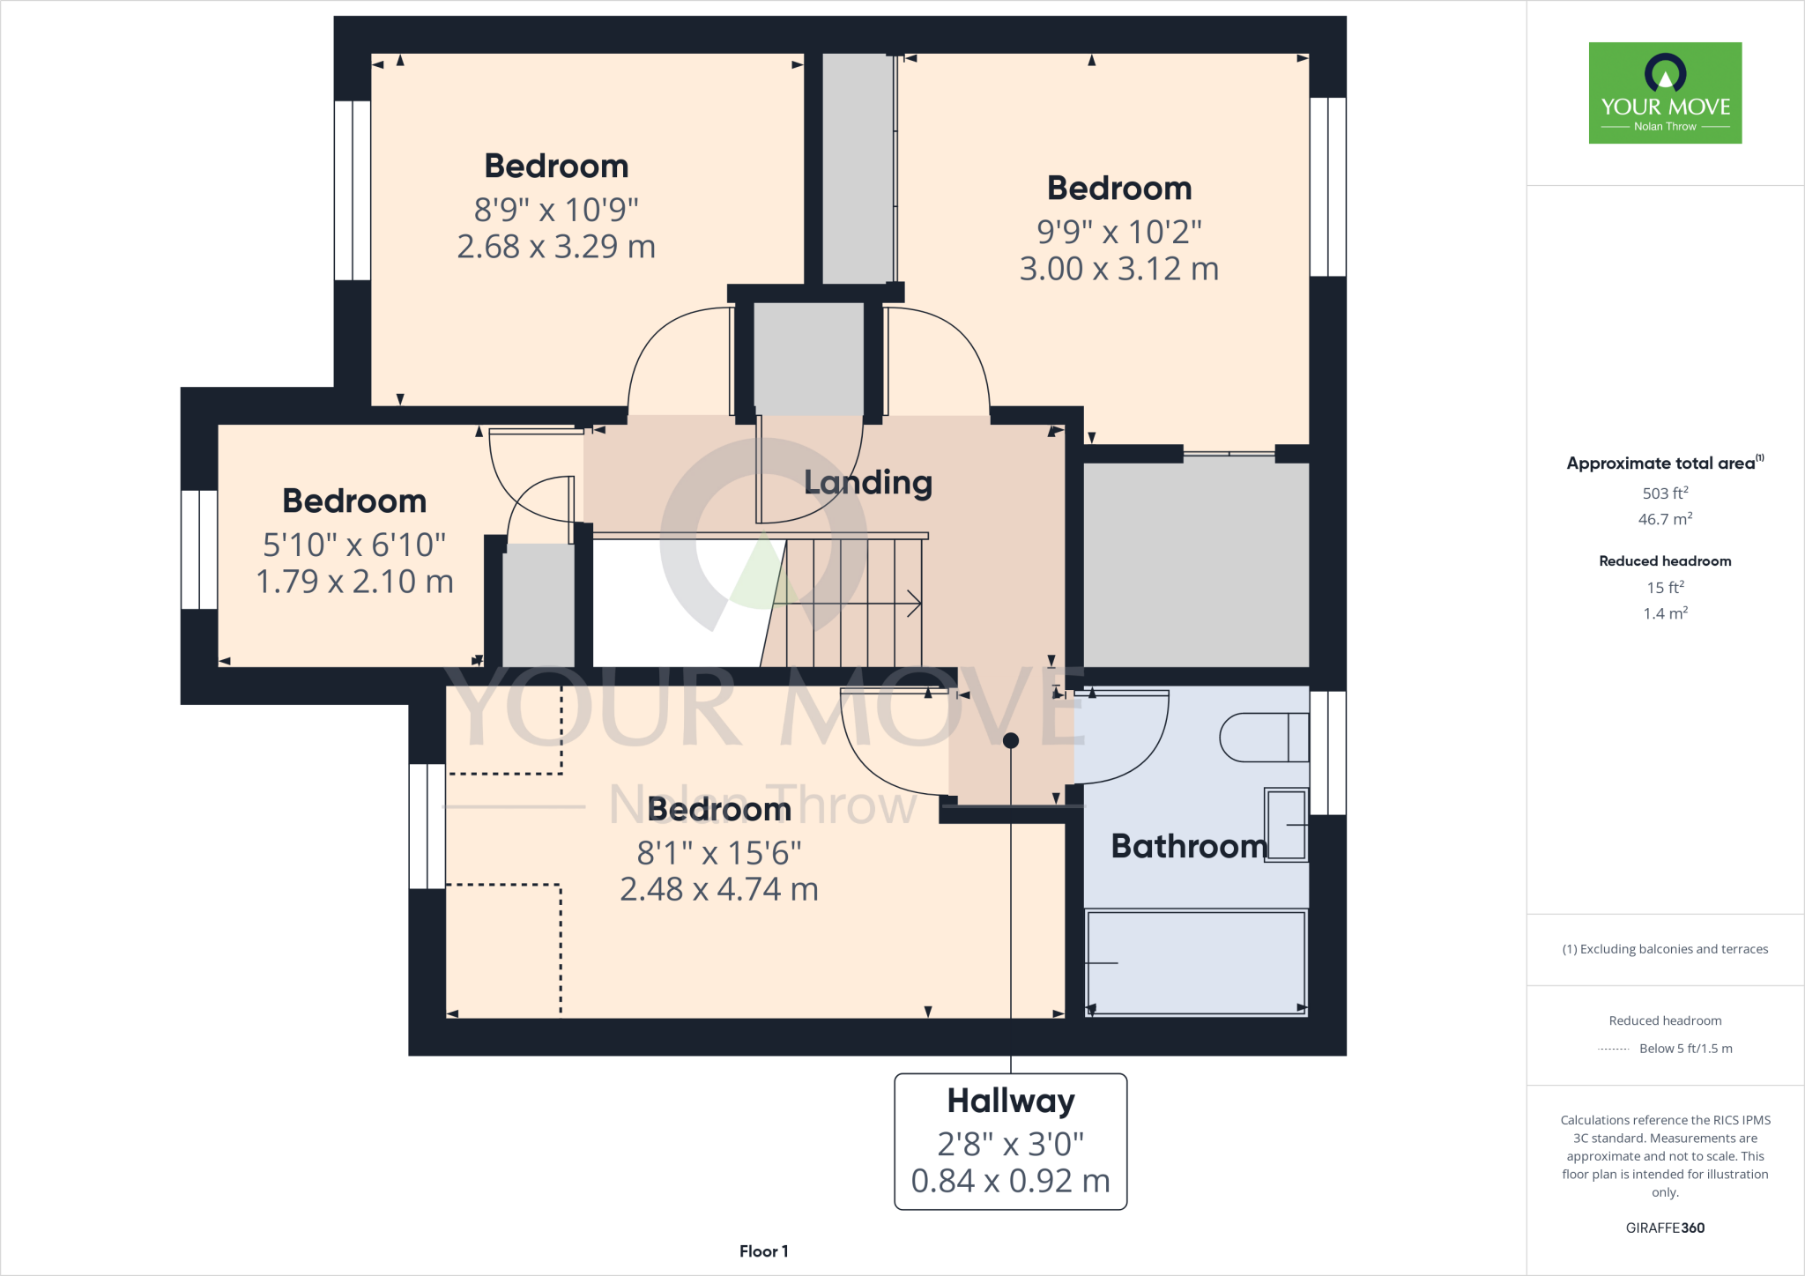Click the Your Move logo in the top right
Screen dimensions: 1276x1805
tap(1665, 93)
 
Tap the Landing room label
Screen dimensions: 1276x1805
tap(868, 482)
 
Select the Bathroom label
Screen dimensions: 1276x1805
tap(1189, 846)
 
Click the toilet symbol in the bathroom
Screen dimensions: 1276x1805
tap(1264, 737)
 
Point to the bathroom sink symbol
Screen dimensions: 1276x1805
tap(1286, 825)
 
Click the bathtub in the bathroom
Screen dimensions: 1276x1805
tap(1196, 963)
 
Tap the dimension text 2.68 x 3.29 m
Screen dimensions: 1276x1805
tap(556, 247)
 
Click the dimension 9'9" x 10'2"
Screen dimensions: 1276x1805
tap(1118, 232)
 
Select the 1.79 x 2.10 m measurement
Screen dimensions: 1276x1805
tap(354, 582)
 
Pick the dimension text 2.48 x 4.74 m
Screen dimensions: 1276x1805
tap(719, 889)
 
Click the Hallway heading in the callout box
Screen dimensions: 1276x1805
tap(1011, 1101)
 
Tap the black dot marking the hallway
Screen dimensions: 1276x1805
tap(1011, 740)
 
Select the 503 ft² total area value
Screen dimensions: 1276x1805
tap(1665, 493)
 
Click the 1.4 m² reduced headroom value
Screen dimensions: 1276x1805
tap(1665, 613)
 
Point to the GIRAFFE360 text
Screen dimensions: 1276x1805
tap(1665, 1228)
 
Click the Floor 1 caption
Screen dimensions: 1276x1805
tap(763, 1251)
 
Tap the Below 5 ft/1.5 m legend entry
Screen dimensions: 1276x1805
tap(1685, 1049)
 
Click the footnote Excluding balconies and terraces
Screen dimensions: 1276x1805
tap(1665, 949)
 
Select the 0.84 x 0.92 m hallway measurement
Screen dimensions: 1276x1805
tap(1011, 1181)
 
